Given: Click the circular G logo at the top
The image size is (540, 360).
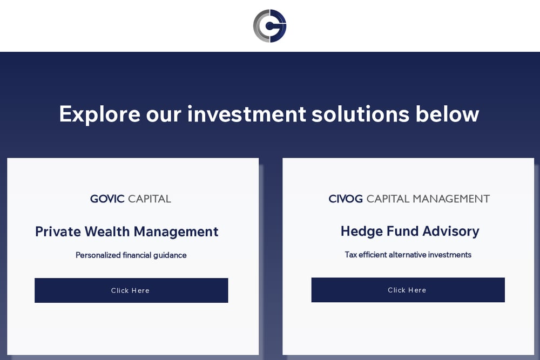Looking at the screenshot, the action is [269, 26].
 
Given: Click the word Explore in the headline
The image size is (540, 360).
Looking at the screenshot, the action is [99, 114].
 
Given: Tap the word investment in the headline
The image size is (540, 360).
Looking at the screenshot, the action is [247, 114].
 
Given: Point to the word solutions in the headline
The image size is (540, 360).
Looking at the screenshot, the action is [360, 114].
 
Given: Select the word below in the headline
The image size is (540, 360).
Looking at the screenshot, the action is [447, 114].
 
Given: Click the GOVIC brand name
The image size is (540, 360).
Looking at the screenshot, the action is [107, 199].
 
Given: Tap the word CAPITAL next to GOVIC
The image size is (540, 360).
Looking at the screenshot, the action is [150, 199].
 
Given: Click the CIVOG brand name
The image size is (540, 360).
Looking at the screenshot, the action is [346, 199].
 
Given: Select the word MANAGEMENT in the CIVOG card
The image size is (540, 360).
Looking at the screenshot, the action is [451, 199].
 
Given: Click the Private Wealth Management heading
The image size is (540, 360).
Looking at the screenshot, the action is [127, 232].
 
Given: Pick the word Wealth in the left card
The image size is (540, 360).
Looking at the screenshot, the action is [107, 232].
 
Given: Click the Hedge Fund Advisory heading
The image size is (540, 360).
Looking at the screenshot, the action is [410, 232].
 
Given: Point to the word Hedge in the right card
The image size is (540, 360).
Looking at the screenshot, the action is [361, 232].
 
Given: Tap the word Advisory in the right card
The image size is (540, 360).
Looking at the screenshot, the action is [451, 232].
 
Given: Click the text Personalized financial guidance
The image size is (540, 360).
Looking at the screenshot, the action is [131, 255].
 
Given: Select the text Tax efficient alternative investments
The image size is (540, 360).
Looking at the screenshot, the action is [408, 255].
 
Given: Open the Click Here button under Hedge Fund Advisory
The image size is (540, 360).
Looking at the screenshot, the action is [408, 290].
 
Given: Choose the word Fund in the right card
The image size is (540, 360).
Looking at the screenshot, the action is [402, 232].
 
